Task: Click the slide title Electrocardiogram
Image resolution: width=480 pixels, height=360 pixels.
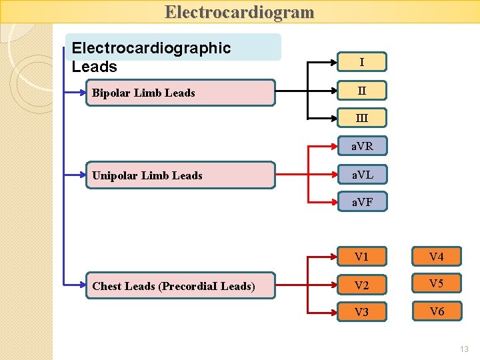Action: pyautogui.click(x=239, y=12)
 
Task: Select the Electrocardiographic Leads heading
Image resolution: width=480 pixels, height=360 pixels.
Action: pyautogui.click(x=151, y=57)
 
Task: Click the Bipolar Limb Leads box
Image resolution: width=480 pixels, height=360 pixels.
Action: pyautogui.click(x=180, y=93)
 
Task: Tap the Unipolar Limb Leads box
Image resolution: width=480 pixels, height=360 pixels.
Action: pyautogui.click(x=180, y=175)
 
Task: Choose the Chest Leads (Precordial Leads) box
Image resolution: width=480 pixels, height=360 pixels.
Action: pyautogui.click(x=180, y=286)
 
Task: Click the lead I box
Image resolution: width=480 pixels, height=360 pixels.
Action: pyautogui.click(x=361, y=62)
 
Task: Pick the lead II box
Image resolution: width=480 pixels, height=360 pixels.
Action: pyautogui.click(x=361, y=90)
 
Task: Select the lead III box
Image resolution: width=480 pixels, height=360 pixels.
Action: pyautogui.click(x=361, y=119)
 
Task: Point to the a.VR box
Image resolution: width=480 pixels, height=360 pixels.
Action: pyautogui.click(x=362, y=147)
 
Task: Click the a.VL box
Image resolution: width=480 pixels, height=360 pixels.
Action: pyautogui.click(x=362, y=175)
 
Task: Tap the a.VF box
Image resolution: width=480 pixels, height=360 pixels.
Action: pyautogui.click(x=362, y=202)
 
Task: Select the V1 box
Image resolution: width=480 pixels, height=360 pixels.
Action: pyautogui.click(x=362, y=257)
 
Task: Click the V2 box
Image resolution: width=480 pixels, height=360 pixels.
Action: pyautogui.click(x=362, y=285)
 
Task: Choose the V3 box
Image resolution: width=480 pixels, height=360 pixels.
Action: pyautogui.click(x=362, y=312)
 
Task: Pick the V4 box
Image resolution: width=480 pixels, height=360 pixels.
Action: pyautogui.click(x=437, y=257)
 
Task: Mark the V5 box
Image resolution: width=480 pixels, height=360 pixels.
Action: pyautogui.click(x=437, y=283)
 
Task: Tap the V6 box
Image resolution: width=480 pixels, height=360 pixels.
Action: pyautogui.click(x=437, y=311)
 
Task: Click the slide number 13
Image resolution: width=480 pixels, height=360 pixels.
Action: pyautogui.click(x=464, y=349)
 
